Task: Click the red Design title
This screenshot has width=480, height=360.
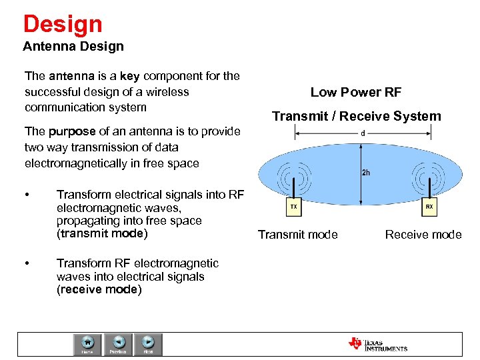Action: pos(63,24)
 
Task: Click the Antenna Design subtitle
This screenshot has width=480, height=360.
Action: pos(73,47)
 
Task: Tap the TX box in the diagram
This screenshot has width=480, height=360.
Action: pos(293,207)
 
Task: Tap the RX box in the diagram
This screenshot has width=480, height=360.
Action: pos(429,207)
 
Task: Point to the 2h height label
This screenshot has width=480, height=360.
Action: pos(366,173)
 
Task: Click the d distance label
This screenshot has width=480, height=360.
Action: pos(362,133)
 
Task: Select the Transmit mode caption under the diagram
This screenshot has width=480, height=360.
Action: pos(298,234)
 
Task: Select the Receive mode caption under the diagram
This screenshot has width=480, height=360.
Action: pos(423,234)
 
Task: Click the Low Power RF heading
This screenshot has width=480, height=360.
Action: pos(356,93)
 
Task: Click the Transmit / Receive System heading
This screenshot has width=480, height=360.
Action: pos(356,116)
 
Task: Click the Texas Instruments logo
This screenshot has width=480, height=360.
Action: pos(377,344)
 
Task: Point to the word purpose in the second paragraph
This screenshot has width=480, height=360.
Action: pos(74,131)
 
